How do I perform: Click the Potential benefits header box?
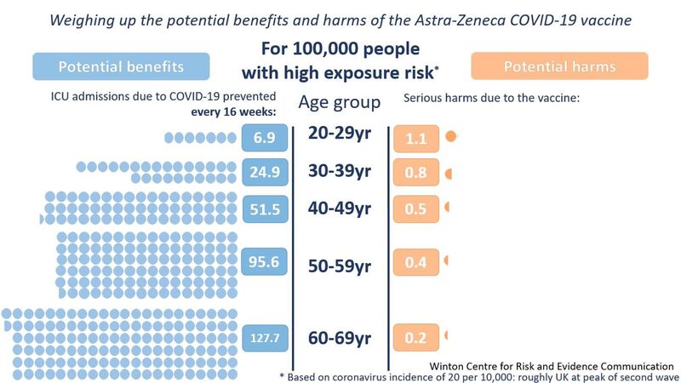click(121, 67)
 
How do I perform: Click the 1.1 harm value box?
click(415, 138)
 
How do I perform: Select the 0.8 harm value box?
click(415, 173)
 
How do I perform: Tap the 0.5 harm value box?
click(415, 209)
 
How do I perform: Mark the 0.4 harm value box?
click(415, 263)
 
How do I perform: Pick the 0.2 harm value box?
click(415, 338)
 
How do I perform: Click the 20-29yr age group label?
click(340, 136)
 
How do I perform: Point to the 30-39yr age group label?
click(340, 172)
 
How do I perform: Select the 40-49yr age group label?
click(340, 208)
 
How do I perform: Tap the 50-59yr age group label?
click(340, 266)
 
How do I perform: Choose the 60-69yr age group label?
click(340, 338)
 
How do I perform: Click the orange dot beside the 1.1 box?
click(451, 136)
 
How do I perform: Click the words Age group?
click(339, 103)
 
